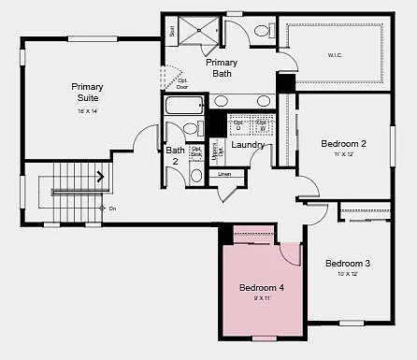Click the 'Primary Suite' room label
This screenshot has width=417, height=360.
click(x=86, y=92)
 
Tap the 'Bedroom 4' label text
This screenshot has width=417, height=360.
click(x=261, y=287)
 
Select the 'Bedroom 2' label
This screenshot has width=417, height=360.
click(x=343, y=143)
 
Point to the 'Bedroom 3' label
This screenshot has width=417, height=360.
click(x=348, y=264)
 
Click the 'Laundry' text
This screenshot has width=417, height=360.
click(x=247, y=145)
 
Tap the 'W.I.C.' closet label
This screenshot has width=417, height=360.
click(x=334, y=54)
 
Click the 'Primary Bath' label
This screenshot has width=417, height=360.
click(x=222, y=68)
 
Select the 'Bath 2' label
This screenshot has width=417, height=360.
click(x=175, y=155)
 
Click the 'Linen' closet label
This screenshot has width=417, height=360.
click(x=224, y=174)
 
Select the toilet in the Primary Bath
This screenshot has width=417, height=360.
click(x=261, y=31)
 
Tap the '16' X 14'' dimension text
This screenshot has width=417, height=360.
click(x=86, y=111)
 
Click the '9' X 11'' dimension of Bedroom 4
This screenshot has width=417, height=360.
click(x=261, y=299)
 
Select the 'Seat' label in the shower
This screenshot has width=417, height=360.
click(x=173, y=30)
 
